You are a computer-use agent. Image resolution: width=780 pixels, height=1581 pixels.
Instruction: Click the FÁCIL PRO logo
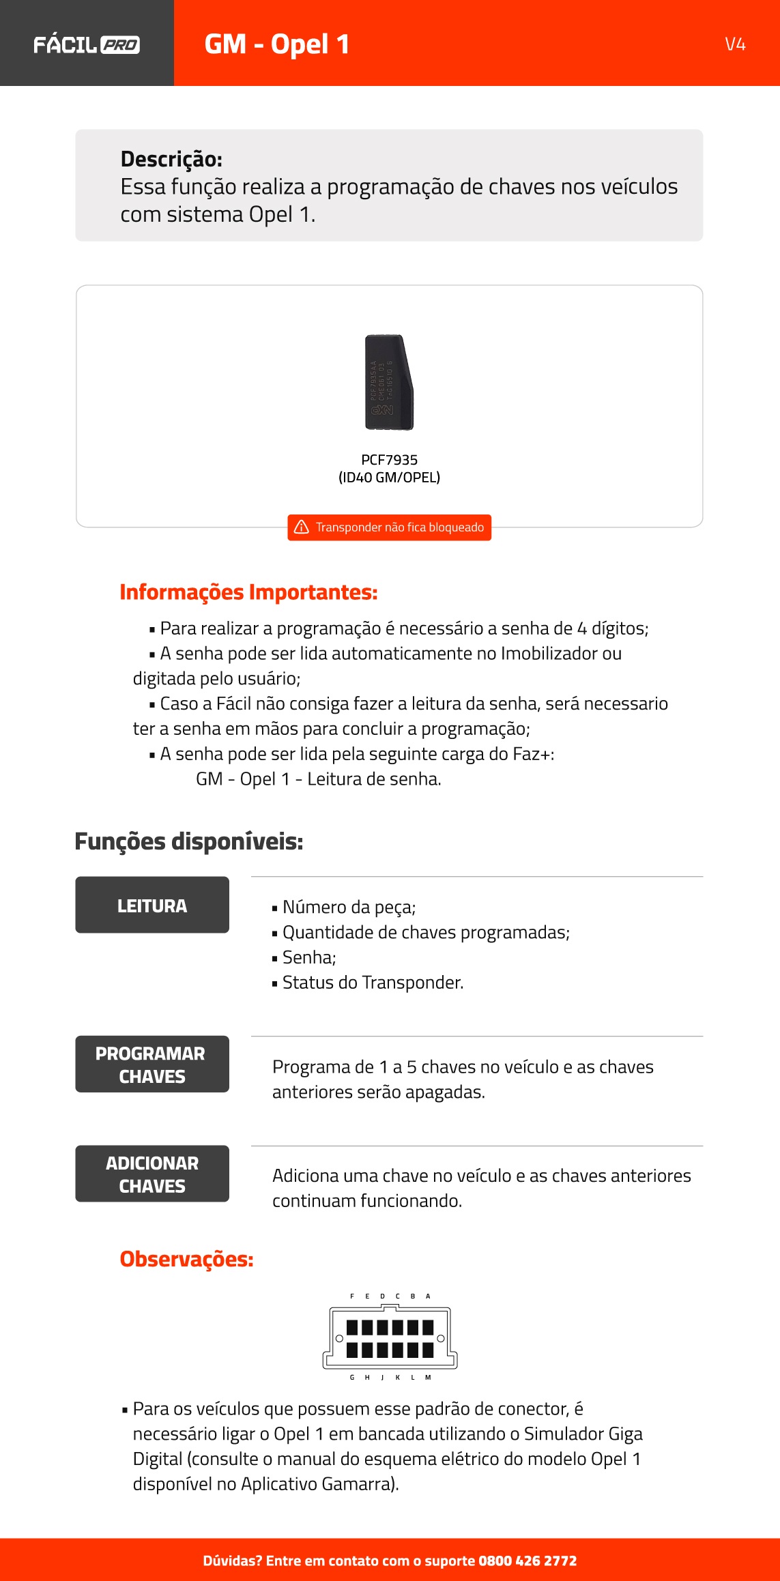(87, 45)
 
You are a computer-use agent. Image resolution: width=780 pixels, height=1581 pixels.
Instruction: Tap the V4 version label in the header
(735, 44)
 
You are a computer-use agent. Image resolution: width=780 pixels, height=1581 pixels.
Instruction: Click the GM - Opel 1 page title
(276, 44)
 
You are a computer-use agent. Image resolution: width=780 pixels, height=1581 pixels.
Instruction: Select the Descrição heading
(171, 159)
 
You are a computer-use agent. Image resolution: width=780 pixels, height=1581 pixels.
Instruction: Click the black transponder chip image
(388, 382)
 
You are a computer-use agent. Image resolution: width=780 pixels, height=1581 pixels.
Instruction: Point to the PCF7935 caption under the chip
(389, 460)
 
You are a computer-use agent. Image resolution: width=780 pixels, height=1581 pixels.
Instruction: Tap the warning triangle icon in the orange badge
(301, 527)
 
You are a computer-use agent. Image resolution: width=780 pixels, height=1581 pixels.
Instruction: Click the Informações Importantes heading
(248, 592)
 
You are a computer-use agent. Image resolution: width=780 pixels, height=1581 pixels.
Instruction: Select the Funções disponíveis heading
(188, 841)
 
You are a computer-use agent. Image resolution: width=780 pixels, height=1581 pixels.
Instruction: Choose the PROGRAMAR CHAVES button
(152, 1064)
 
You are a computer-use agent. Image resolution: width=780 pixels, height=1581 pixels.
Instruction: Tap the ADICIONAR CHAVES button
(152, 1174)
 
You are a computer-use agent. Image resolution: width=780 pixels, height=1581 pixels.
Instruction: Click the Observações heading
(186, 1259)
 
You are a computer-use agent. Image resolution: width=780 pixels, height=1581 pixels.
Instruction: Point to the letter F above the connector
(352, 1296)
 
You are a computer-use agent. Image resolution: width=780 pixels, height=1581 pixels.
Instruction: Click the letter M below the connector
(428, 1377)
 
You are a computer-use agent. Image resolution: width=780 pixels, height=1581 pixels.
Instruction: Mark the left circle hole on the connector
(339, 1338)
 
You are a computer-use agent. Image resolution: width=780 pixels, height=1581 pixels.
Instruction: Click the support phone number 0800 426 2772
(528, 1561)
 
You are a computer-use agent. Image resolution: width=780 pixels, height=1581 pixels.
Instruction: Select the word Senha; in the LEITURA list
(309, 957)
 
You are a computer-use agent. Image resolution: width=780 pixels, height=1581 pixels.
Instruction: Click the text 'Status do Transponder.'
(373, 983)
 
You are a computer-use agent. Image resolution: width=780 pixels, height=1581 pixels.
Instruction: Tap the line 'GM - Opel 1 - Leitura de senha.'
(318, 779)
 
